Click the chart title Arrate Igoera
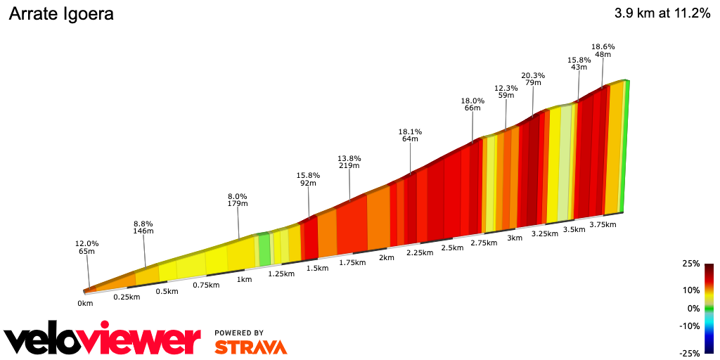pos(60,14)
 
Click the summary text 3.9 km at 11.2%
pos(662,13)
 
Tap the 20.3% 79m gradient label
pos(533,79)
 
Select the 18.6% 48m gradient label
pos(603,51)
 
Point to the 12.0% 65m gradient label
pos(87,247)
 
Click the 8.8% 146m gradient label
pos(143,226)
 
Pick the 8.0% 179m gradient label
pos(238,200)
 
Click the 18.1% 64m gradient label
pos(410,135)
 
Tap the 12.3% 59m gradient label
pos(506,93)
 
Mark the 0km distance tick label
pos(85,304)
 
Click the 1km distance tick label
pos(245,279)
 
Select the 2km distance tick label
pos(386,257)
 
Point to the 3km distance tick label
pos(515,238)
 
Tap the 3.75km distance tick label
pos(603,224)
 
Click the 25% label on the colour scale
pos(690,264)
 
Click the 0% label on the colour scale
pos(693,308)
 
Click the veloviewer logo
pos(102,340)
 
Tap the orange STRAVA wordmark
pos(250,347)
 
